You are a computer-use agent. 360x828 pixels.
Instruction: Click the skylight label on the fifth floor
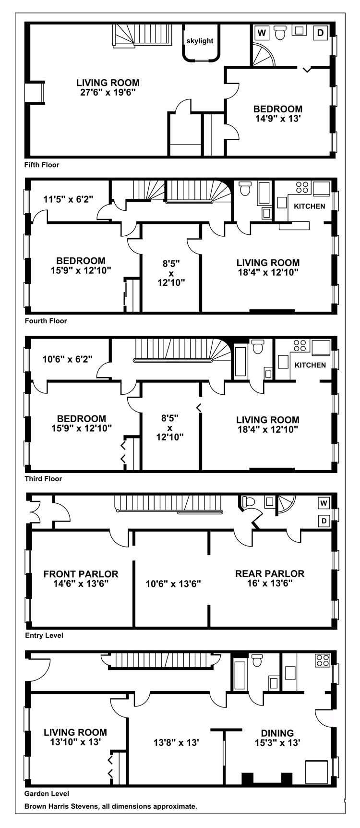point(200,41)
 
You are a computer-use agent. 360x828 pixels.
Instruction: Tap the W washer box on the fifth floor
point(262,33)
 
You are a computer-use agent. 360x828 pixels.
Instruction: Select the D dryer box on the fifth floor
point(320,33)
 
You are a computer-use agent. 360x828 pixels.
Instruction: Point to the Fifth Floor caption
point(42,165)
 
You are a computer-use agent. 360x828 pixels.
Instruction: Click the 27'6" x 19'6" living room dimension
point(108,92)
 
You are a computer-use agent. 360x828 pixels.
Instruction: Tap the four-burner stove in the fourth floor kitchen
point(302,187)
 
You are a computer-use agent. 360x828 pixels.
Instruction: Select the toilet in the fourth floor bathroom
point(245,189)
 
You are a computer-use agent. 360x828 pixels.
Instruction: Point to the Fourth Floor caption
point(46,321)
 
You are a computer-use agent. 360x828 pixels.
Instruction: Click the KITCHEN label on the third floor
point(310,365)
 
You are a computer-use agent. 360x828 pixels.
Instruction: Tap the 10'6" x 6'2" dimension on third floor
point(67,358)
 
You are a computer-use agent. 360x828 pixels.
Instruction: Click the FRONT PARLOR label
point(81,574)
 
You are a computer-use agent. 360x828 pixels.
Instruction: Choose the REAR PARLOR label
point(270,573)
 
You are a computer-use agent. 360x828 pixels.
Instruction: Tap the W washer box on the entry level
point(324,503)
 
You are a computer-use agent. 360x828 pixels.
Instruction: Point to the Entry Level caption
point(44,635)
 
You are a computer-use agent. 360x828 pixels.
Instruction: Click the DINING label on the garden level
point(277,733)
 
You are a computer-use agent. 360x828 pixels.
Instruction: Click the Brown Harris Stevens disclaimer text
point(111,806)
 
